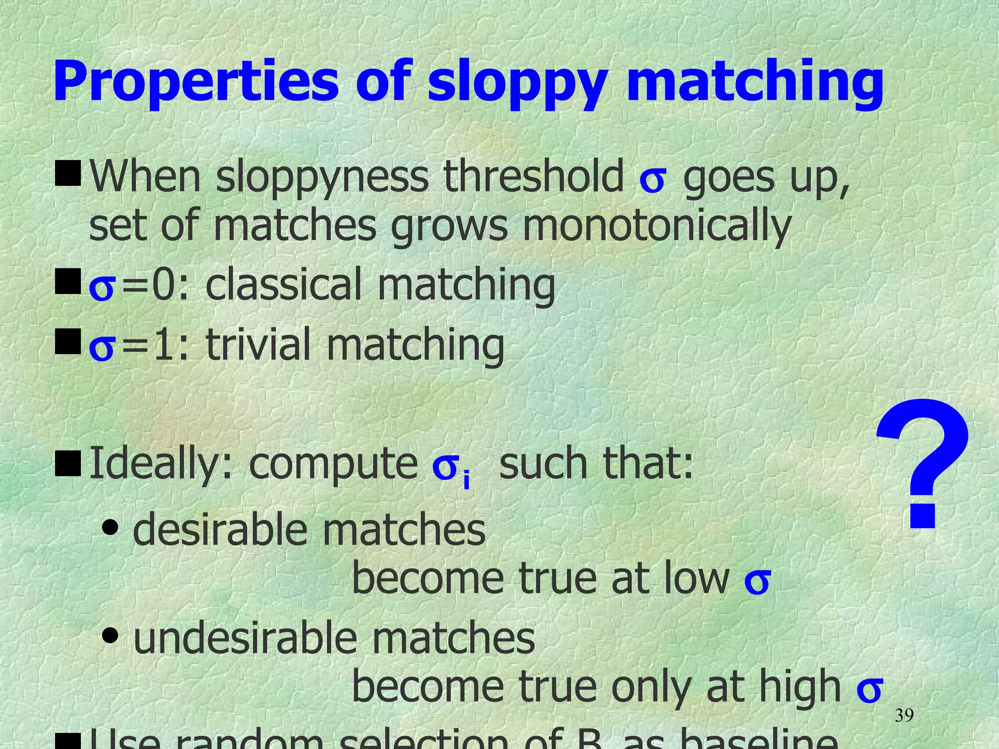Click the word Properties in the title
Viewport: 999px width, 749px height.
(x=196, y=81)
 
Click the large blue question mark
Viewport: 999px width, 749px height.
(x=921, y=463)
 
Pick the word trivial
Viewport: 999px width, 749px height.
(x=258, y=344)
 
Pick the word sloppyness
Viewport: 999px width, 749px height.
(x=322, y=177)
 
